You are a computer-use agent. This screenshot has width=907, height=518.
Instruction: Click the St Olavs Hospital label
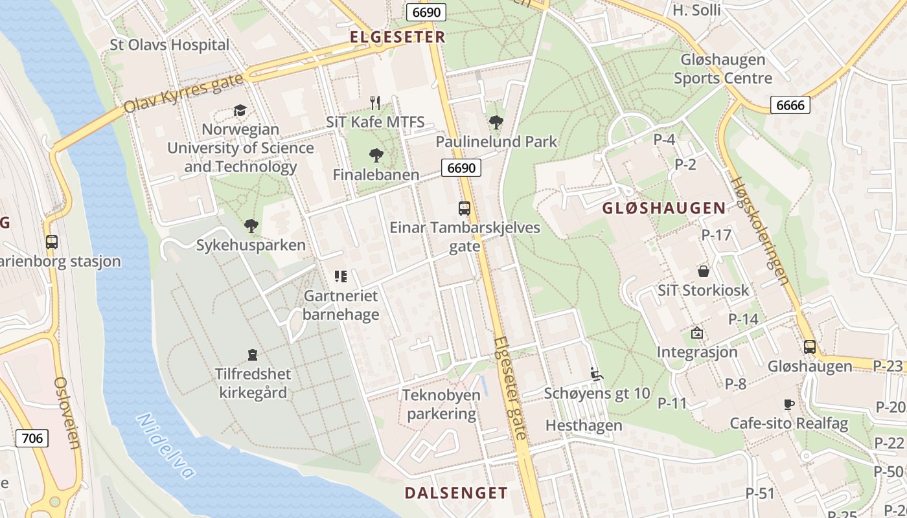(170, 45)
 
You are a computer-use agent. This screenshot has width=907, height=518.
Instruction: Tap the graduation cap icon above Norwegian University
(240, 110)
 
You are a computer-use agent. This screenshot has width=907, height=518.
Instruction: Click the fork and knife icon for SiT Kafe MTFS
(375, 102)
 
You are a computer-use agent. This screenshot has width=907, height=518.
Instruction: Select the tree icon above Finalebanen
(376, 155)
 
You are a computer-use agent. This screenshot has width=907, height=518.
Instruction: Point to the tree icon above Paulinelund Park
(496, 122)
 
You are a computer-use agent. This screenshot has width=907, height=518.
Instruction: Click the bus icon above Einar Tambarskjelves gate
(465, 208)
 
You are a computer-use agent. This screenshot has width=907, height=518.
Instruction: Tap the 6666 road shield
(790, 105)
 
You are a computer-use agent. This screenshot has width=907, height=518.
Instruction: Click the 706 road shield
(32, 438)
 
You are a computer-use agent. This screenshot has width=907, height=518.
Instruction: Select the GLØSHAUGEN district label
(664, 208)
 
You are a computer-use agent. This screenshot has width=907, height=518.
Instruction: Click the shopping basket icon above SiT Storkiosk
(704, 271)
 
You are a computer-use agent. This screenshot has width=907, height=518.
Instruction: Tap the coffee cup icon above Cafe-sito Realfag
(788, 405)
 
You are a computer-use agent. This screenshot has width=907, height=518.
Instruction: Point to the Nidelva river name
(166, 447)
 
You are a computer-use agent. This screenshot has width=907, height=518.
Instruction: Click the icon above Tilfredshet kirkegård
(253, 355)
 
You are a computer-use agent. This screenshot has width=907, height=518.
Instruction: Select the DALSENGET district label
(456, 493)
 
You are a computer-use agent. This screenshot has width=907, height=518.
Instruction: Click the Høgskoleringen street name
(759, 231)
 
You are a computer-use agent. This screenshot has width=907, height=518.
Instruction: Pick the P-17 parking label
(716, 235)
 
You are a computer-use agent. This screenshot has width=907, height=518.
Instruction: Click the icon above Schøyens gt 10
(597, 374)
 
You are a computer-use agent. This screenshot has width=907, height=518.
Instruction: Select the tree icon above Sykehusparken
(251, 226)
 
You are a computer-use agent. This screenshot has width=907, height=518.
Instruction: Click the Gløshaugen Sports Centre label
(722, 69)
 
